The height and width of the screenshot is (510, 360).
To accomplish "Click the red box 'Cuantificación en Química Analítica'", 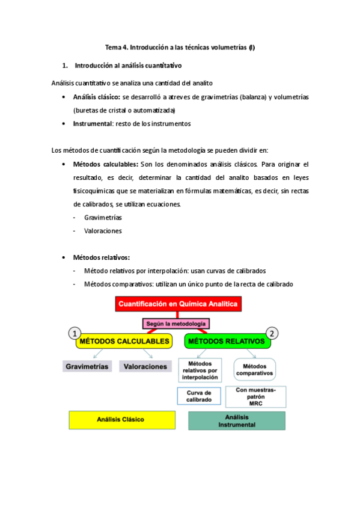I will (178, 305).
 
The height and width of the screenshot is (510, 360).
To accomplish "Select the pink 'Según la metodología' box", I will (176, 324).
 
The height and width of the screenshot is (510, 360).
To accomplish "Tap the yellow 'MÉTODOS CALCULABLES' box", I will (123, 342).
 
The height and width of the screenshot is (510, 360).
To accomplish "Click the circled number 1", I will (74, 334).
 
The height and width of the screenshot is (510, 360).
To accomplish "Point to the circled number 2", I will (273, 334).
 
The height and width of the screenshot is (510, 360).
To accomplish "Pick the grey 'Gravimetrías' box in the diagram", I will (87, 366).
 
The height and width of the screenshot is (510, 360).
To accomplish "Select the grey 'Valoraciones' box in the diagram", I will (143, 366).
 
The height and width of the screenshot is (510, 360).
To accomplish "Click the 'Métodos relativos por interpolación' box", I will (200, 371).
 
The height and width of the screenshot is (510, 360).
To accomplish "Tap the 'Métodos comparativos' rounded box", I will (254, 369).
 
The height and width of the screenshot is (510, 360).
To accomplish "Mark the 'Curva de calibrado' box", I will (200, 396).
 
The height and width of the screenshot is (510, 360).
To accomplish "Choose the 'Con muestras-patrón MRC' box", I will (255, 396).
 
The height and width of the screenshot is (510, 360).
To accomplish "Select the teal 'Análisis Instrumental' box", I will (236, 420).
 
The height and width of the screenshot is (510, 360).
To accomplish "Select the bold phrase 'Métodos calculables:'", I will (105, 164).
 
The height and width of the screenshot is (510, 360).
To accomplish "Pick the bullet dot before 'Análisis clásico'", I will (64, 97).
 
